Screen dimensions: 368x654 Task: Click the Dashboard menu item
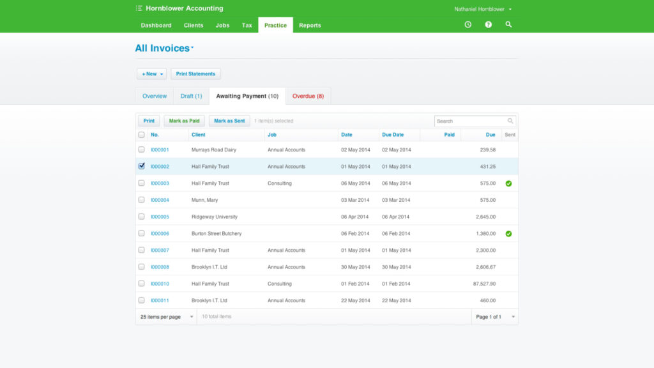coord(156,26)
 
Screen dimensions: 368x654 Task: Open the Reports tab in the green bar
coord(310,26)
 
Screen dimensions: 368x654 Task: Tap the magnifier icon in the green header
coord(508,24)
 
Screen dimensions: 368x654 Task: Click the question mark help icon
coord(488,24)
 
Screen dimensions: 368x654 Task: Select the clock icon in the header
coord(468,24)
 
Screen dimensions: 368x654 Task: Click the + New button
coord(152,74)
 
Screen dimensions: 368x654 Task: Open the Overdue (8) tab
coord(308,96)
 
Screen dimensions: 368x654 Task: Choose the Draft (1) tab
coord(191,96)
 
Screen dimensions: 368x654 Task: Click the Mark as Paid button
coord(184,121)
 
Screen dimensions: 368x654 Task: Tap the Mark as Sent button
coord(229,121)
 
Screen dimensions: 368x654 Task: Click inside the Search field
coord(471,121)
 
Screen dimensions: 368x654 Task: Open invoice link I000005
coord(160,217)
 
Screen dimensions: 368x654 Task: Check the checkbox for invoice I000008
coord(142,267)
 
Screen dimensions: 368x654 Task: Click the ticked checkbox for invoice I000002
coord(142,166)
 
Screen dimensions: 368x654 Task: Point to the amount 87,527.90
coord(481,284)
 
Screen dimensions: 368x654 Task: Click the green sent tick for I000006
coord(508,234)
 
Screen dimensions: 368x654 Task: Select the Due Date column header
coord(393,135)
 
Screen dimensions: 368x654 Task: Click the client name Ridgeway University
coord(215,217)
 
